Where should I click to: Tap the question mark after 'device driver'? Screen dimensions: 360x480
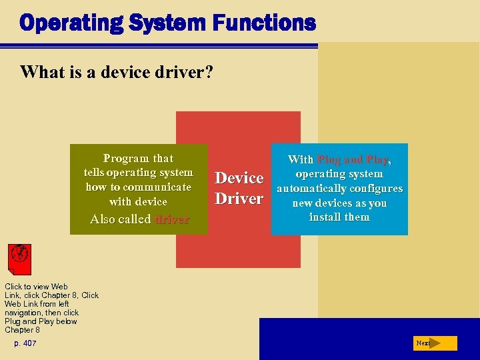(209, 71)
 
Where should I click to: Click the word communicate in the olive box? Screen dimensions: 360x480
(156, 187)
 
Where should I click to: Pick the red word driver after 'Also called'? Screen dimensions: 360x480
(172, 219)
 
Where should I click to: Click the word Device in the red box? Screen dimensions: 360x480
(239, 178)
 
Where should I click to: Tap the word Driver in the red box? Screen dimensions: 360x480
(239, 199)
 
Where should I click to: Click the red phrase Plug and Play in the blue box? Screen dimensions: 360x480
(353, 160)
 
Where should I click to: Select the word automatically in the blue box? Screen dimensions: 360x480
(310, 189)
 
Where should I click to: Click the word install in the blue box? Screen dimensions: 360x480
(325, 217)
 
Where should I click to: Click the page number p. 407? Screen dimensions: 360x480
(25, 343)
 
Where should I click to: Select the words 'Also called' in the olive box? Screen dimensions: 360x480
(120, 219)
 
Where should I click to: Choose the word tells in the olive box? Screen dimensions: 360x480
(97, 173)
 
